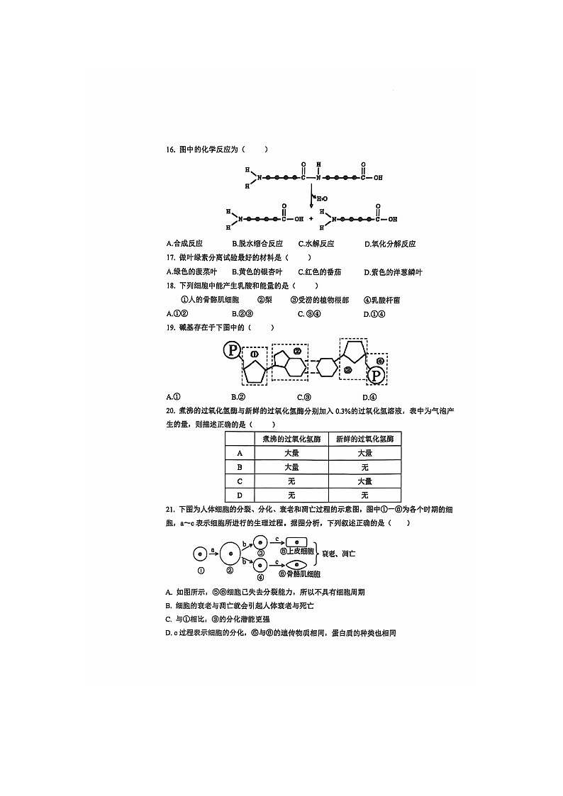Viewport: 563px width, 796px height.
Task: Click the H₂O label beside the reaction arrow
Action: [321, 198]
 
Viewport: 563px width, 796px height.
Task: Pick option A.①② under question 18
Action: [177, 313]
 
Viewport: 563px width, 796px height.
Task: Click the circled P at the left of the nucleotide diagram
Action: [231, 350]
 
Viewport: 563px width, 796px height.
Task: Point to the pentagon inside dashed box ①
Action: [255, 372]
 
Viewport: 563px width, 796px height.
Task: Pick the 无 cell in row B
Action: [364, 467]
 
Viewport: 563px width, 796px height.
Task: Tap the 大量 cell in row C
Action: [364, 481]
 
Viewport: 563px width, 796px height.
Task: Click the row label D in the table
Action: [240, 495]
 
